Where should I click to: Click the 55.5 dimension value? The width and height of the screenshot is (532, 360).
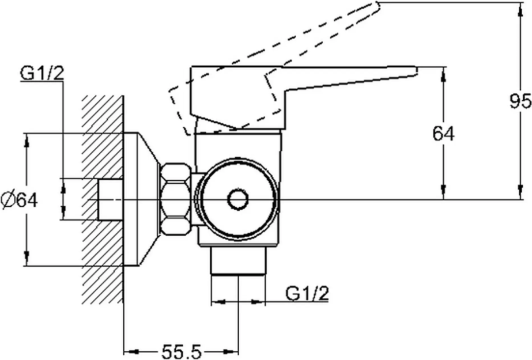pyautogui.click(x=182, y=351)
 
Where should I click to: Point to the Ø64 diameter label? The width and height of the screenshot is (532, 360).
pyautogui.click(x=20, y=200)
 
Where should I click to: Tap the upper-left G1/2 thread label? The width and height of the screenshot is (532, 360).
pyautogui.click(x=42, y=74)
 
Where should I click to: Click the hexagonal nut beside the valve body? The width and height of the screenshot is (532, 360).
pyautogui.click(x=176, y=199)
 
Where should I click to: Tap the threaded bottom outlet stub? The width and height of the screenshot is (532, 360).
pyautogui.click(x=238, y=261)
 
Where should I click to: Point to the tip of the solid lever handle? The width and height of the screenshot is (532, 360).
pyautogui.click(x=417, y=70)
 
